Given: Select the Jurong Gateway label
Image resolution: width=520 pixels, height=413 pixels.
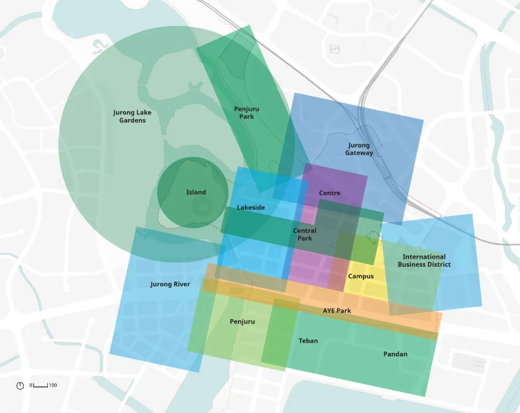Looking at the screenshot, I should coord(359,149).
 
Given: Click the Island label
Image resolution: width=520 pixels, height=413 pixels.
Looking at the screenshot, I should coord(196,192).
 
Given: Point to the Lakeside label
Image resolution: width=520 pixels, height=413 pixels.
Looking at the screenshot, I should coord(251,207).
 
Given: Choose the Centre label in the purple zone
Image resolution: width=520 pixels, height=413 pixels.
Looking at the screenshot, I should coord(329,193).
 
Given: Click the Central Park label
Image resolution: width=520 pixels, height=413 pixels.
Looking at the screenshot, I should coord(304,235).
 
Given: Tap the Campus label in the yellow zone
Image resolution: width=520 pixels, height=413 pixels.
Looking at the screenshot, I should coord(361,276).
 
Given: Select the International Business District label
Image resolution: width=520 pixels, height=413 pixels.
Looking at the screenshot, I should coord(424,261).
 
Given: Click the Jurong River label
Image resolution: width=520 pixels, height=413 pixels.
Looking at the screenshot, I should coord(170,284).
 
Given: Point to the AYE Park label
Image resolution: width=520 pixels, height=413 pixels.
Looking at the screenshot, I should coord(337,311).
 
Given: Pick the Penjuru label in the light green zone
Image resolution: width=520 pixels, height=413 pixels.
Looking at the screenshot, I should coord(242,321).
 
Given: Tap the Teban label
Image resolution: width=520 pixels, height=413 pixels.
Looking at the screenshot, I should coord(308,341).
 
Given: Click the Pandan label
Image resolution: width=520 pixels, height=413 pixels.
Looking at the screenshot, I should coord(395,354).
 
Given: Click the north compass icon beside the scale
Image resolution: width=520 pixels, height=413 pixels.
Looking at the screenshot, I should coord(20,385).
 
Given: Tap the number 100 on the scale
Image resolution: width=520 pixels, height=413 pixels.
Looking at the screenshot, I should coord(53,385).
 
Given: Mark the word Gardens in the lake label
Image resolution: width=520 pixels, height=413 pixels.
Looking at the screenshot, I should coord(132,120).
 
